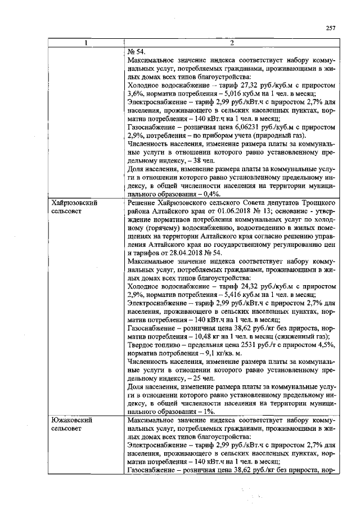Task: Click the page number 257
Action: pyautogui.click(x=331, y=28)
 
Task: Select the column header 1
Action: pyautogui.click(x=86, y=43)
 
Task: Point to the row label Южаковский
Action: pyautogui.click(x=71, y=420)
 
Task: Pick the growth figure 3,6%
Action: pyautogui.click(x=135, y=93)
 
